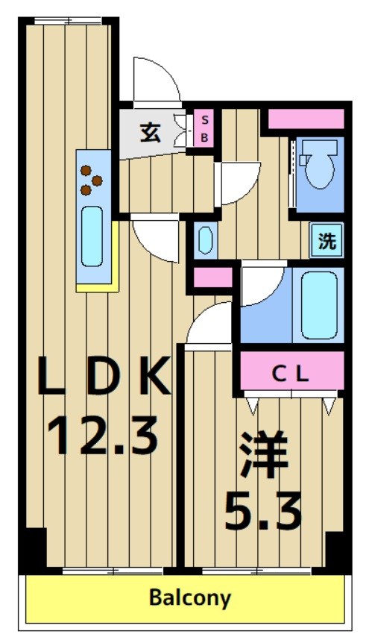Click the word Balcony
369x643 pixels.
[x=189, y=597]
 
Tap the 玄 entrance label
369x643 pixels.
[x=150, y=134]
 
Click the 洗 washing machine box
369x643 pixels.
[x=327, y=241]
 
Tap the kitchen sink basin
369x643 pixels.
[x=92, y=236]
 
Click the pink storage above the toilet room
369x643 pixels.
[x=305, y=119]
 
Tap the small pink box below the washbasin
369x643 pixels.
[x=203, y=277]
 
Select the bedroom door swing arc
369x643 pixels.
[x=209, y=325]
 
